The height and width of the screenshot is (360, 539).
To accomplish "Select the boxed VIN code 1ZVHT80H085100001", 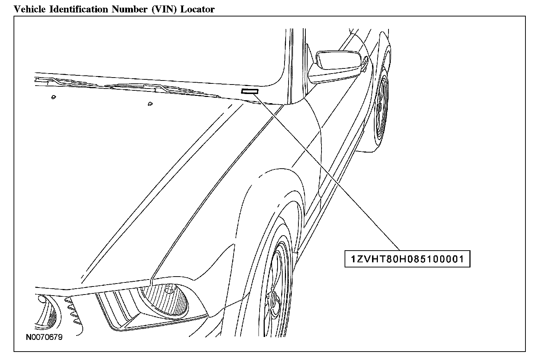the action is pyautogui.click(x=407, y=259).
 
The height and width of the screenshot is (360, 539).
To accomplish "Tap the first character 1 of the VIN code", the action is pyautogui.click(x=353, y=259).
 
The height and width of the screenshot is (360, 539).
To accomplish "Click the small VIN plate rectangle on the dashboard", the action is pyautogui.click(x=250, y=91).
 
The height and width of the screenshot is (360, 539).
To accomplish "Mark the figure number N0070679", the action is pyautogui.click(x=44, y=337).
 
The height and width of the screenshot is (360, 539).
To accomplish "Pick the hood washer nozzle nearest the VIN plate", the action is pyautogui.click(x=149, y=104).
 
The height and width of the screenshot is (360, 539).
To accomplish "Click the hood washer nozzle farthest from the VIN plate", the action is pyautogui.click(x=53, y=97).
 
